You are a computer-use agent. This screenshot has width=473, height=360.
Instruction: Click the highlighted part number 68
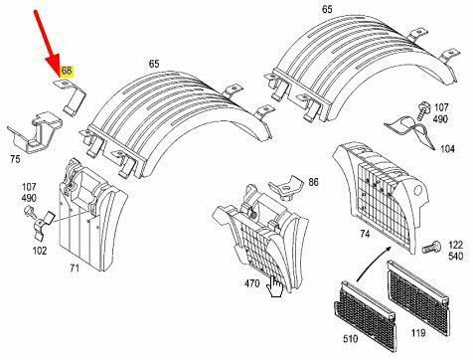pos(67,71)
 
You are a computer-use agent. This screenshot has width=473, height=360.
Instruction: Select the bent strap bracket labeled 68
pos(71,96)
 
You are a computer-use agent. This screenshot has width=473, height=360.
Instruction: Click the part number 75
pos(15,159)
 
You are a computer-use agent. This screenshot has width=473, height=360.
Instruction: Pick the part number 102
pos(40,251)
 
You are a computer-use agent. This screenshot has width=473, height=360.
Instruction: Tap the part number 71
pos(75,268)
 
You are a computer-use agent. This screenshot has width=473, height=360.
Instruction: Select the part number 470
pos(251,283)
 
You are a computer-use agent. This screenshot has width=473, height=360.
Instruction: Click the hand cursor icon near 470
pos(275,287)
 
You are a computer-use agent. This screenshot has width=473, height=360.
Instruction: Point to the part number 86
pos(313,182)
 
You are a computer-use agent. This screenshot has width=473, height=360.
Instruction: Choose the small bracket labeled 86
pos(286,188)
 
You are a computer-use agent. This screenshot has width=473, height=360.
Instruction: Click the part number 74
pos(365,234)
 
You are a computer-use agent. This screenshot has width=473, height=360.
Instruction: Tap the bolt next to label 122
pos(431,247)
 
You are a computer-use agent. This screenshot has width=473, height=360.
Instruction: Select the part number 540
pos(456,257)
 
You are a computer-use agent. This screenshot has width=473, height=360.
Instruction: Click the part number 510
pos(351,339)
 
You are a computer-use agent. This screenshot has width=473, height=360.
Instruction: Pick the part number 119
pos(418,333)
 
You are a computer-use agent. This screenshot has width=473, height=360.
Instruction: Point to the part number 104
pos(447,149)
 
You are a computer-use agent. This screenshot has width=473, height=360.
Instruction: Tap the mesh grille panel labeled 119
pos(418,297)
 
